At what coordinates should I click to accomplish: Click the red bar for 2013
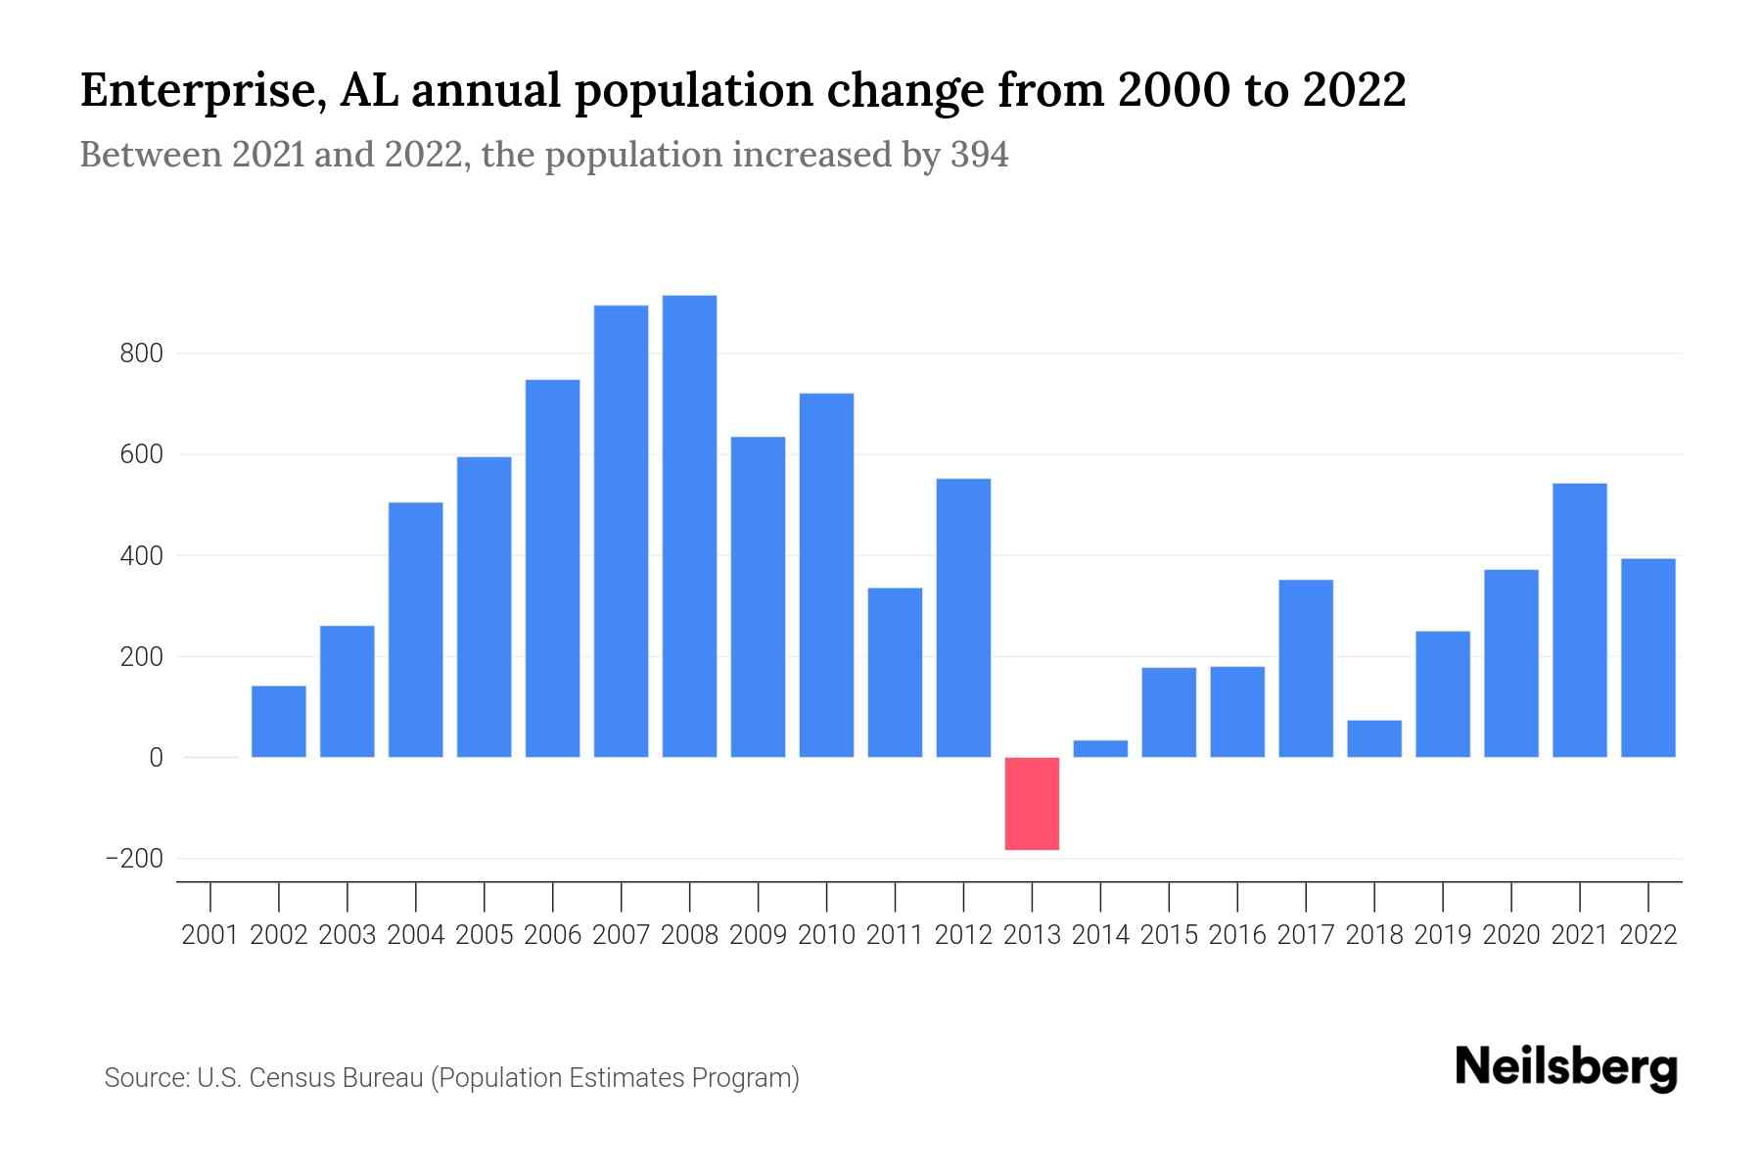tap(1032, 803)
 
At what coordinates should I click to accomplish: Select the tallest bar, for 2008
tap(689, 526)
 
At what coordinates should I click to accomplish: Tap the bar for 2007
tap(621, 531)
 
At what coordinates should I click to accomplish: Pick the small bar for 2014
tap(1100, 748)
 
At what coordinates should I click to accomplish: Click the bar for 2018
tap(1374, 738)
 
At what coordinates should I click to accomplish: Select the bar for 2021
tap(1580, 620)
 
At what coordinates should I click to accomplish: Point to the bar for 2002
tap(279, 722)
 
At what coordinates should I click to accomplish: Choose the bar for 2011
tap(895, 672)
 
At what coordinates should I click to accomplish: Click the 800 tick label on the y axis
tap(141, 353)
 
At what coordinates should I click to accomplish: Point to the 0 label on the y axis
tap(156, 758)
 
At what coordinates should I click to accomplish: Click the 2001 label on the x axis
tap(210, 935)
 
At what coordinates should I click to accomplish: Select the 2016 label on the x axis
tap(1237, 935)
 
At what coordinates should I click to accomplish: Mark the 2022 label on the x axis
tap(1648, 935)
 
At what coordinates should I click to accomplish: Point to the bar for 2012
tap(963, 618)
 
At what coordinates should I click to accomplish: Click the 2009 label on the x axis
tap(758, 935)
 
